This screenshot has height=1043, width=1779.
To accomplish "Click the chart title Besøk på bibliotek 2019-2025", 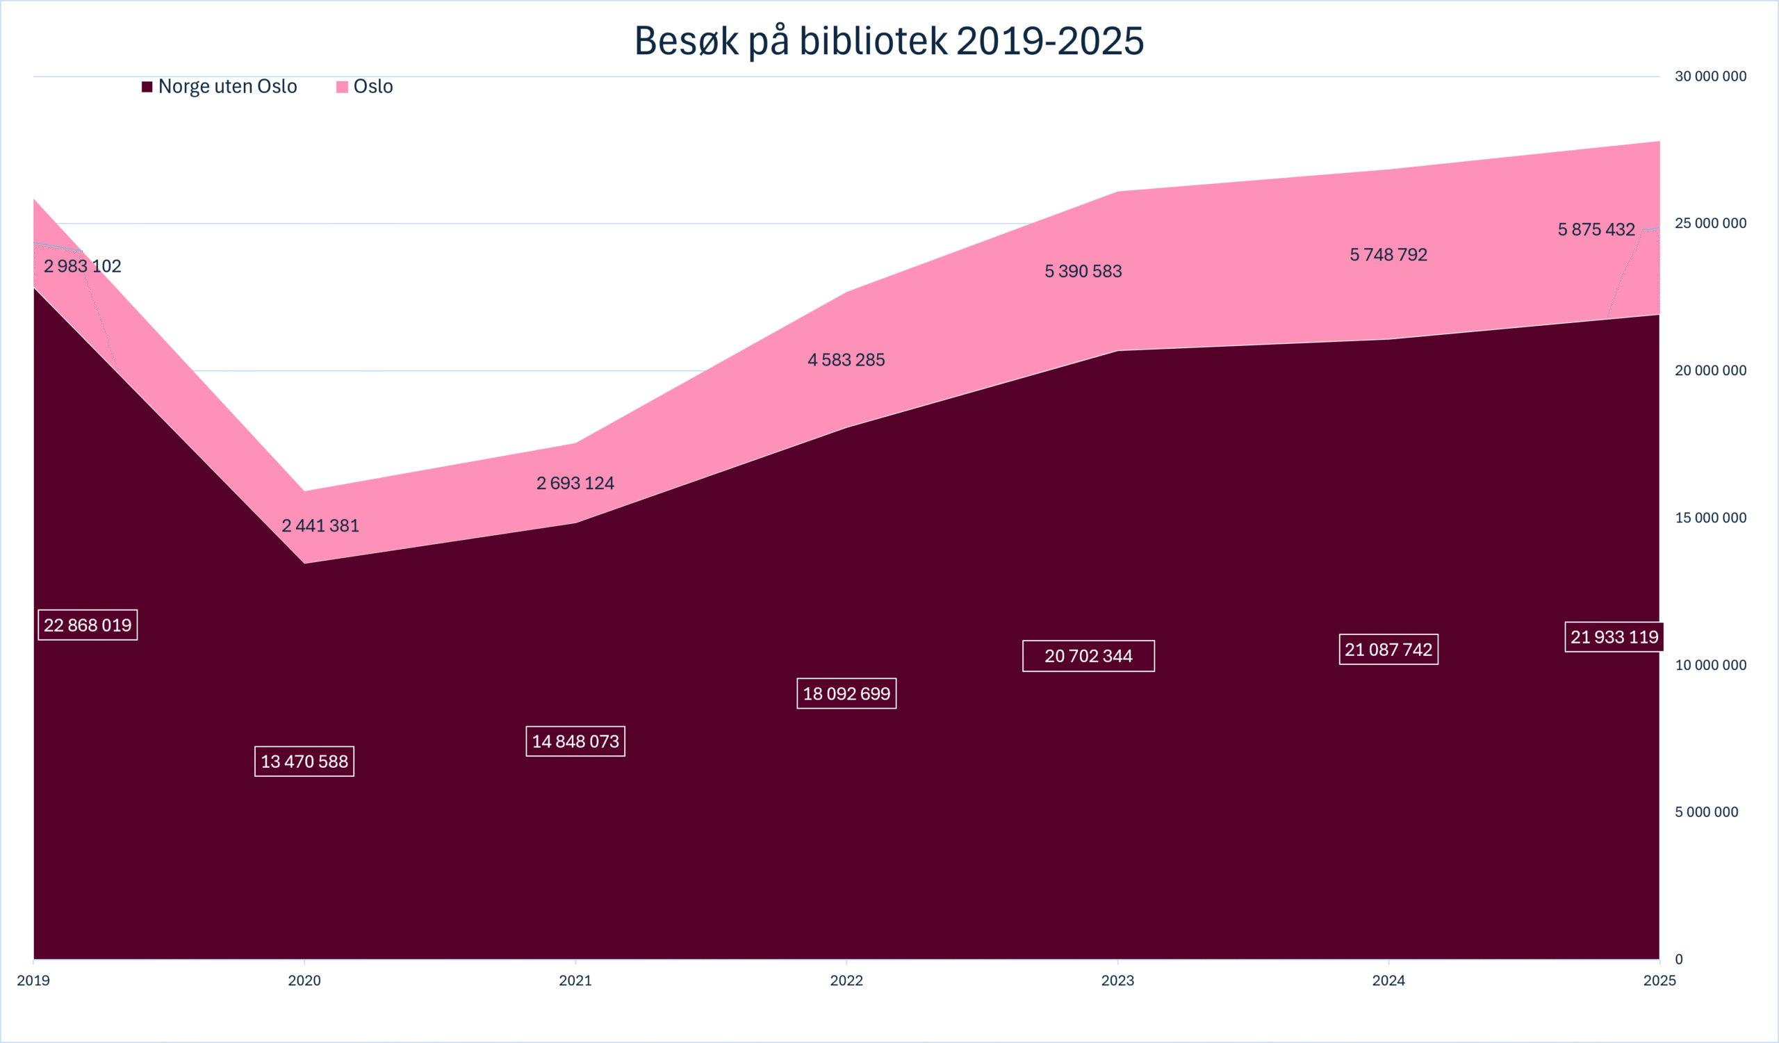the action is click(x=889, y=41).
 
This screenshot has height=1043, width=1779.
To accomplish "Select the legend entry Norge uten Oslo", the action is click(x=220, y=86).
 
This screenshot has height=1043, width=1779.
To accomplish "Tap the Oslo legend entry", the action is click(x=365, y=86).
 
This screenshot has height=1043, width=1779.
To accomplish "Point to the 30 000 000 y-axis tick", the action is click(x=1710, y=76).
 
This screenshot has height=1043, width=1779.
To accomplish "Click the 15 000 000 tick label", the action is click(x=1710, y=518).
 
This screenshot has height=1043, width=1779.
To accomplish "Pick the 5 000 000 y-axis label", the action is click(x=1706, y=812).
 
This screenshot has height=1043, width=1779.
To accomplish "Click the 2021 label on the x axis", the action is click(x=575, y=980).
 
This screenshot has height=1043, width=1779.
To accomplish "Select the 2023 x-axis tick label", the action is click(x=1117, y=980).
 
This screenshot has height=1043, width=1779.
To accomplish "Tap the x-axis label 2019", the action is click(x=33, y=980).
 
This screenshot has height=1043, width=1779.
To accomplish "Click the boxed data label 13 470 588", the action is click(x=304, y=762).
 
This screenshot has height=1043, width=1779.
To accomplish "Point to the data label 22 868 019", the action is click(x=88, y=625).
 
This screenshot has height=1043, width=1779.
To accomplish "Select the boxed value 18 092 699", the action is click(x=846, y=693).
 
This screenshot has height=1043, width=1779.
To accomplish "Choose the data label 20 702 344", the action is click(x=1088, y=656).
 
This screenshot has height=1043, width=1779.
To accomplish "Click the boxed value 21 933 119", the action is click(x=1614, y=637).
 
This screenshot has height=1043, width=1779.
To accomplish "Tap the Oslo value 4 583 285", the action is click(x=846, y=360).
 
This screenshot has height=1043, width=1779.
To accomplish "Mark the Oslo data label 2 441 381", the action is click(x=320, y=526).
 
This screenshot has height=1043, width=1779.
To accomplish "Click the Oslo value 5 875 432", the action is click(x=1596, y=229).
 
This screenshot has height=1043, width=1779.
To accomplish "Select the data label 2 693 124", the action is click(x=575, y=484).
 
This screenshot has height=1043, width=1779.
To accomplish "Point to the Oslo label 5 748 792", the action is click(x=1388, y=255).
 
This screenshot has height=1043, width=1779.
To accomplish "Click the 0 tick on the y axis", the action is click(x=1679, y=960).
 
